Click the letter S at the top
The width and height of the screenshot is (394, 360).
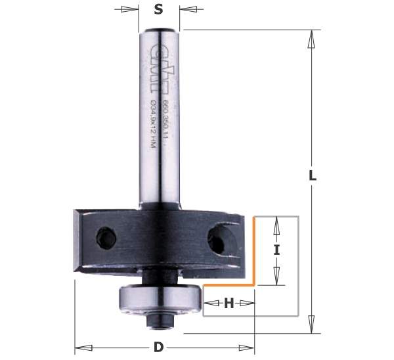click(x=158, y=9)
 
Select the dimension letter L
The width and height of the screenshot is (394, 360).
click(x=313, y=176)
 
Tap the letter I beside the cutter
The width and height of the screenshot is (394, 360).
click(x=276, y=250)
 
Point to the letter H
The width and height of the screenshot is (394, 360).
click(x=229, y=304)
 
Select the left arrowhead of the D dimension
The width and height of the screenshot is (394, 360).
click(x=81, y=347)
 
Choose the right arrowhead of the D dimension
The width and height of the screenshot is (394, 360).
click(x=249, y=347)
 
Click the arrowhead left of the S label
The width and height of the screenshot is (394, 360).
click(x=134, y=9)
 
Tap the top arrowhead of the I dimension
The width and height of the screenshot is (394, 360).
click(x=276, y=224)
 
